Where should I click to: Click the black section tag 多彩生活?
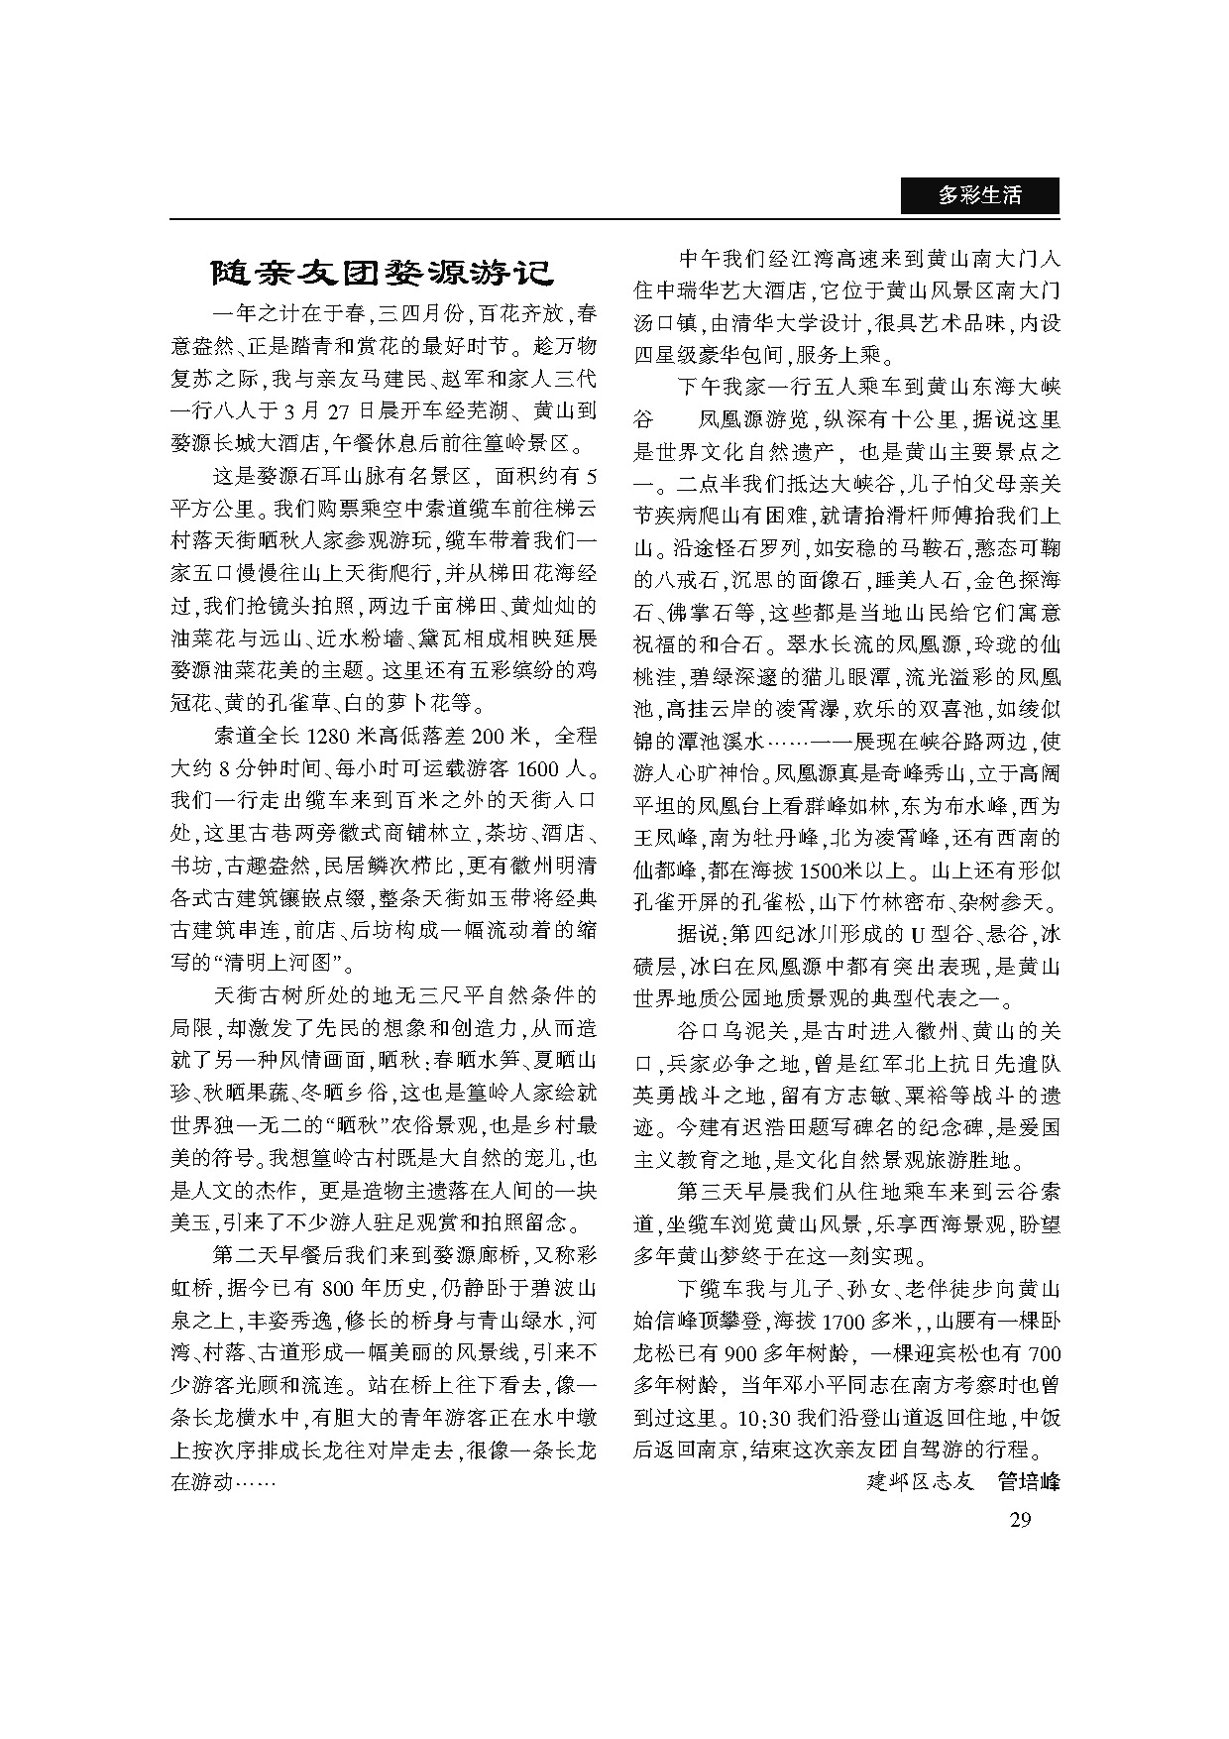(x=979, y=196)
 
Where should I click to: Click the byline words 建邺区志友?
(x=921, y=1482)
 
